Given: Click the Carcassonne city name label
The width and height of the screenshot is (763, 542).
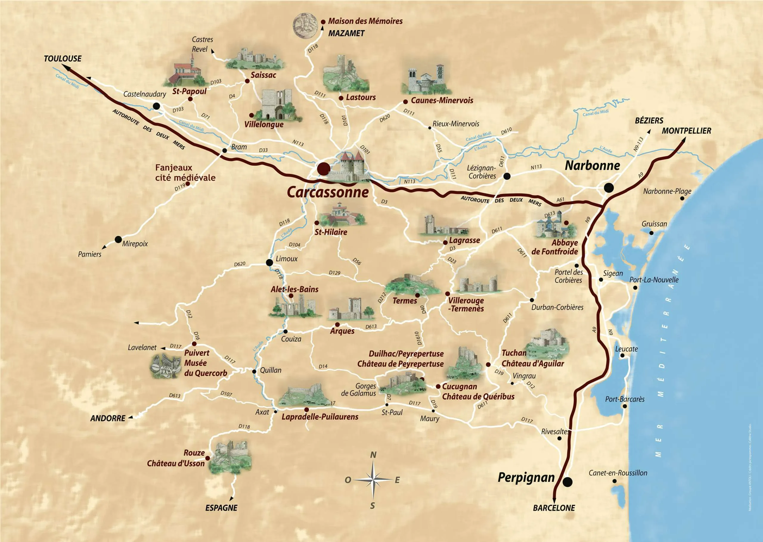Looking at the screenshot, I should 328,192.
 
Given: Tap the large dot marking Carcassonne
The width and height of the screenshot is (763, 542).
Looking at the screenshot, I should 323,169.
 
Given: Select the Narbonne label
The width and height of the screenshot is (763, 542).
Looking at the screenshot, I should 592,166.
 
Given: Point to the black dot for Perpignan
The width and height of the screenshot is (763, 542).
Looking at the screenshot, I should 567,482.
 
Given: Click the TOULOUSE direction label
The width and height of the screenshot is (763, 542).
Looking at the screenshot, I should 63,59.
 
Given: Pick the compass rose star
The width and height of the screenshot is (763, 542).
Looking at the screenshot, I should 373,480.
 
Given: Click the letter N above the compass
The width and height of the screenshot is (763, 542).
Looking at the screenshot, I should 373,455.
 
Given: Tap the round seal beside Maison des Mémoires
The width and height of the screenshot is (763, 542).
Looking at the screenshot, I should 305,25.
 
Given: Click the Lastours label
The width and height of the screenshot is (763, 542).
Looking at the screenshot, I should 360,97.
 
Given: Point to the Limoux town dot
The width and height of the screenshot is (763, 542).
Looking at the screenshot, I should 269,262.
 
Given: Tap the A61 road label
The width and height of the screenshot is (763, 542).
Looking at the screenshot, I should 560,200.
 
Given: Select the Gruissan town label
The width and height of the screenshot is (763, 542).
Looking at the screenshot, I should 654,224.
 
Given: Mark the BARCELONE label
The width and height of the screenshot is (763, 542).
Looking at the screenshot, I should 554,508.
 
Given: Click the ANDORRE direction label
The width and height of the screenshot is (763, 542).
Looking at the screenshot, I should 108,418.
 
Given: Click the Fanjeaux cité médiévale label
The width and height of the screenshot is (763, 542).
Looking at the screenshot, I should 185,173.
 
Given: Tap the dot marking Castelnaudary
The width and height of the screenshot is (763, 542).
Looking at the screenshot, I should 156,106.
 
